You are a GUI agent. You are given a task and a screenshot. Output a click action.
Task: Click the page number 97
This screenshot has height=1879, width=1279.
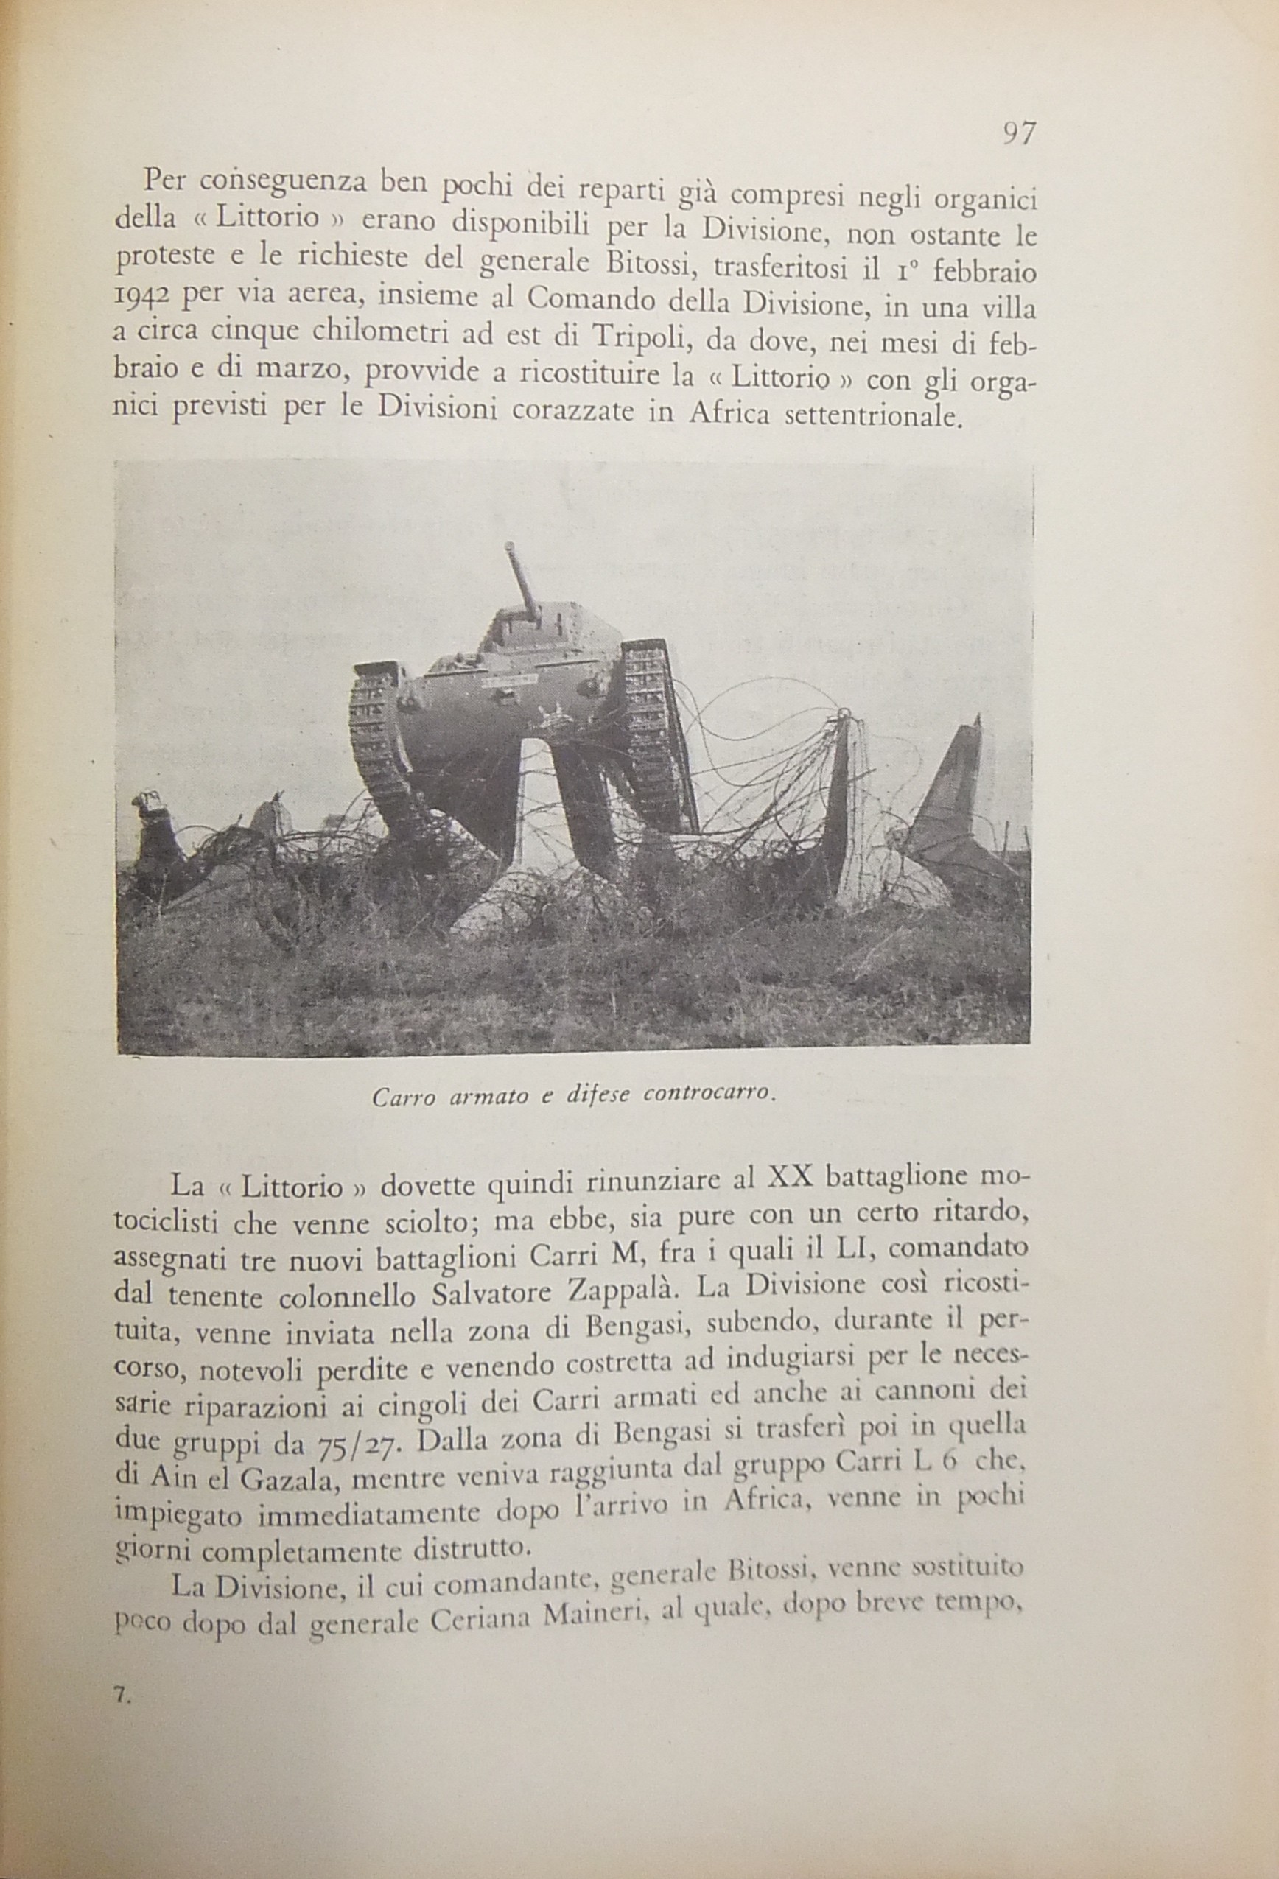tap(1018, 134)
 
